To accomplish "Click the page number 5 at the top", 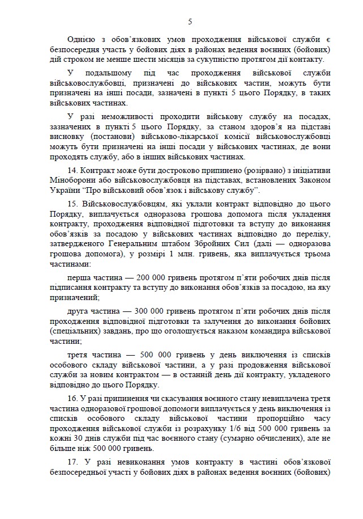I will (x=190, y=22).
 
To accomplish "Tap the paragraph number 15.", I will (x=72, y=202).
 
